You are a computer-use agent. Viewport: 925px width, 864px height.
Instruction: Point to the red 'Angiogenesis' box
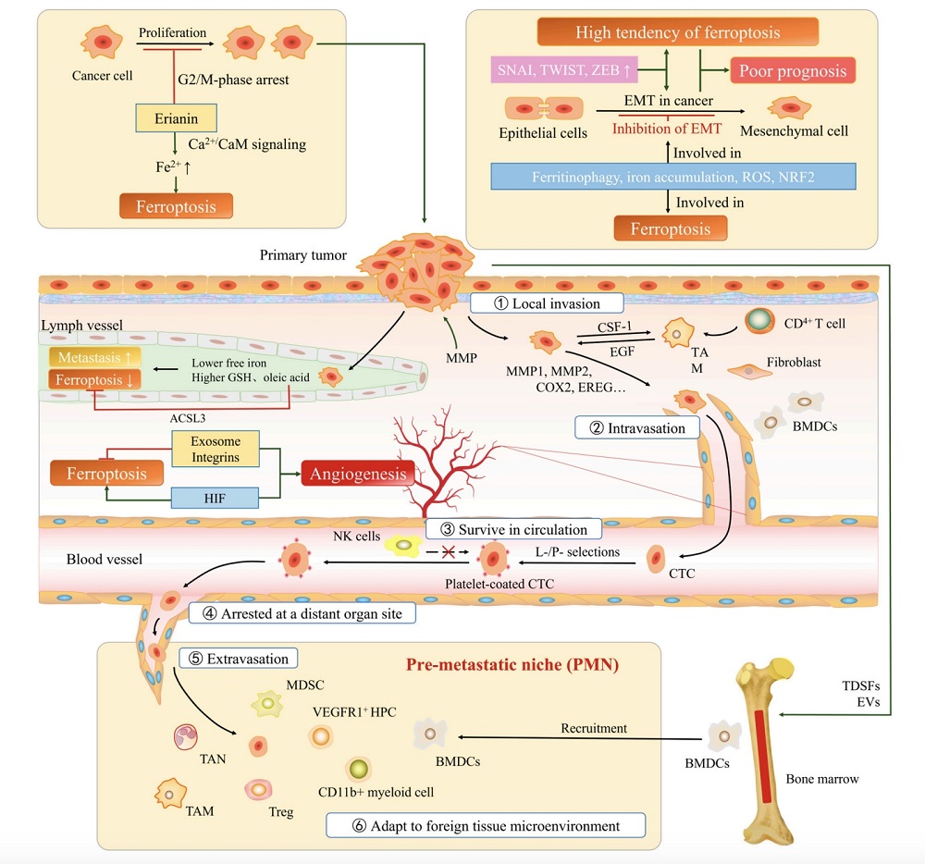click(356, 475)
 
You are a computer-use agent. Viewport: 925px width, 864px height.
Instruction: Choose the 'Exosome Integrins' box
click(216, 449)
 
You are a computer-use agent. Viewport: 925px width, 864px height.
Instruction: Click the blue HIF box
click(216, 499)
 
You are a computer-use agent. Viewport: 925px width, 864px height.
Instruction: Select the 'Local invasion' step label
click(546, 303)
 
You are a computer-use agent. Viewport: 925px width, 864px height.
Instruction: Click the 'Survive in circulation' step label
click(513, 530)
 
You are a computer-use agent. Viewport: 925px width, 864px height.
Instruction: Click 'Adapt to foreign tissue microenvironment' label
click(485, 824)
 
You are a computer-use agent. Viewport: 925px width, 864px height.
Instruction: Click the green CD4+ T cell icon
click(761, 320)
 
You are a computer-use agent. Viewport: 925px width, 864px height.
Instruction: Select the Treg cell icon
click(258, 789)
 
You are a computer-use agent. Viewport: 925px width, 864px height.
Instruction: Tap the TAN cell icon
click(188, 738)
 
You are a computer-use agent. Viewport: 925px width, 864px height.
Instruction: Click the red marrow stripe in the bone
click(759, 754)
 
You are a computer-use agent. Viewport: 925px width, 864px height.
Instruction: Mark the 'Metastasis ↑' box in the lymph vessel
click(94, 357)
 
